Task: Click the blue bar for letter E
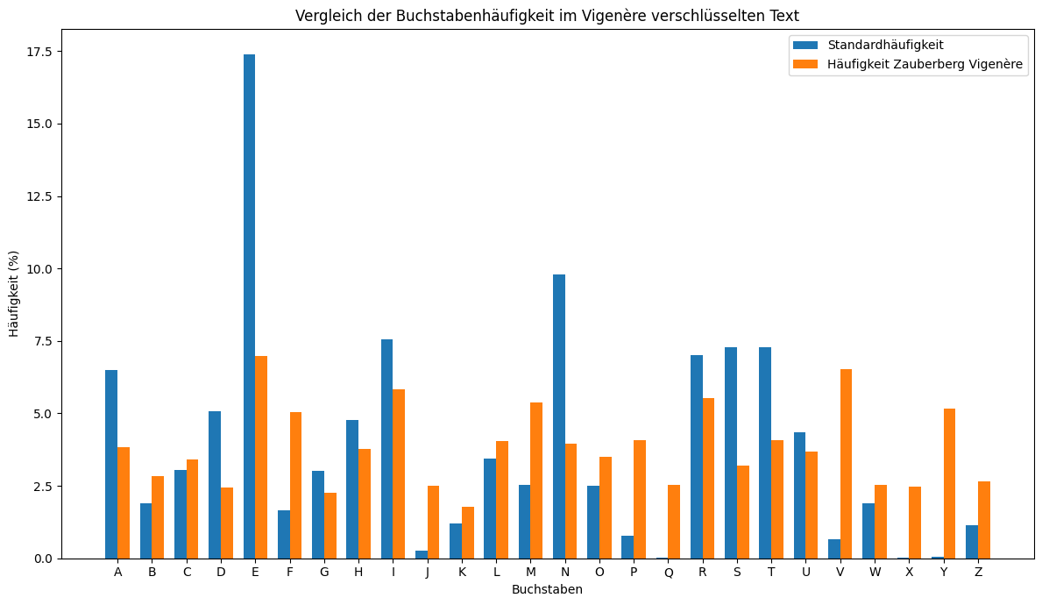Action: (249, 307)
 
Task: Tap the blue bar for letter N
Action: (559, 416)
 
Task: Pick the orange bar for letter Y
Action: (949, 483)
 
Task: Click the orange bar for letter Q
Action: (674, 522)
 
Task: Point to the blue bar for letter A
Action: (111, 464)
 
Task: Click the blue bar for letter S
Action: (731, 452)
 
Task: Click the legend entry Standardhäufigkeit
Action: (885, 45)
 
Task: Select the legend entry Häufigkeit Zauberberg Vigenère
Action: (925, 64)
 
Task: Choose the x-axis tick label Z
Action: (978, 573)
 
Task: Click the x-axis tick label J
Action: (428, 573)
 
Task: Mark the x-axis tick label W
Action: (875, 573)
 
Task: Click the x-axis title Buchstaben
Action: (547, 589)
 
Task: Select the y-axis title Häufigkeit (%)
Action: (14, 294)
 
